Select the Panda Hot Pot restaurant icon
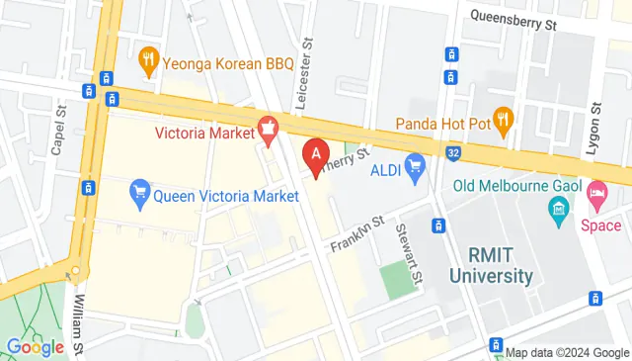pyautogui.click(x=503, y=123)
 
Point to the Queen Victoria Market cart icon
pyautogui.click(x=140, y=195)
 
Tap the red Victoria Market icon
pyautogui.click(x=266, y=127)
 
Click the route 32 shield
pyautogui.click(x=451, y=153)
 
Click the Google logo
pyautogui.click(x=36, y=347)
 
